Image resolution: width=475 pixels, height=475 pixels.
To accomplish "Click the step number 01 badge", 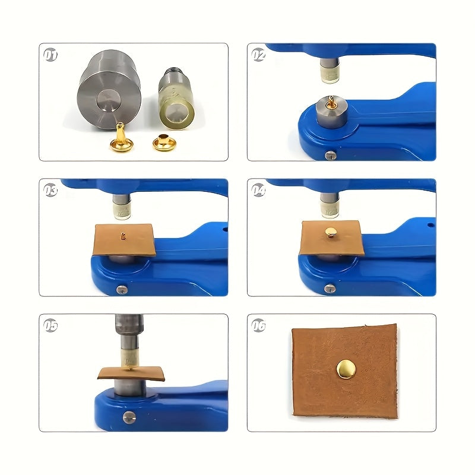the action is tap(50, 55).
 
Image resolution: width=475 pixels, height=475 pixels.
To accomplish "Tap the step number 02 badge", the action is tap(258, 55).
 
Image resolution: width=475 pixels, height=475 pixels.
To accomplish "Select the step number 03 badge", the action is tap(50, 190).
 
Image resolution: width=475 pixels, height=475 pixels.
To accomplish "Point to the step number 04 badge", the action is tap(258, 190).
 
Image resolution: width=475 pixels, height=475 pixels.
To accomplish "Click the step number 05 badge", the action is tap(50, 325).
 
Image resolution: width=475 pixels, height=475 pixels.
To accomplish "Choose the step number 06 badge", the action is tap(258, 325).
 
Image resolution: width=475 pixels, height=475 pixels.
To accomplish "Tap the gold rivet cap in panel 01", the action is tap(164, 142).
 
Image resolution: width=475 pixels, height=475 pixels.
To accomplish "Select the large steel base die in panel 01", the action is tap(109, 90).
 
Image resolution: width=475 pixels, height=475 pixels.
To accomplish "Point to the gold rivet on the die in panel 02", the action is tap(331, 102).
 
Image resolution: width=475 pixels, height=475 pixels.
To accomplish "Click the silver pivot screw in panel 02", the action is tap(331, 155).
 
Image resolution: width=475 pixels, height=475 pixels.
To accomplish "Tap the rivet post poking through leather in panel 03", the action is tap(123, 235).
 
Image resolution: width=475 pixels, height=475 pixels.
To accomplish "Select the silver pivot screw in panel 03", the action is tap(122, 290).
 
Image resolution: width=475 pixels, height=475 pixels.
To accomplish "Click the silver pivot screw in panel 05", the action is tap(129, 418).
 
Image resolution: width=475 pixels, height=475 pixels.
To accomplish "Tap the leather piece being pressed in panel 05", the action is tap(131, 373).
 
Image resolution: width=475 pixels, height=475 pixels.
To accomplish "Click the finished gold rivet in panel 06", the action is tap(346, 369).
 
